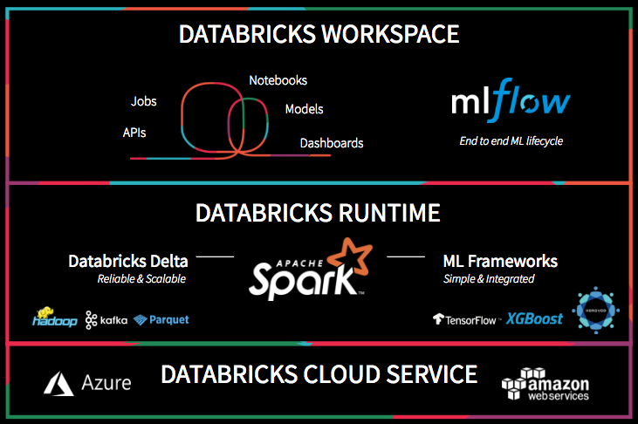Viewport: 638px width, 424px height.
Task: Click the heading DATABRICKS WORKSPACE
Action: (x=319, y=34)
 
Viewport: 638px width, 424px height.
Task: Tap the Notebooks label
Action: (x=278, y=80)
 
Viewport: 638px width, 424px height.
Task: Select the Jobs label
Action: (x=143, y=101)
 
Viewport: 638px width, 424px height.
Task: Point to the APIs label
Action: (x=134, y=133)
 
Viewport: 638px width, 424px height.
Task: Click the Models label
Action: (x=304, y=109)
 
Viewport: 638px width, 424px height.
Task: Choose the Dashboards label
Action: (x=332, y=143)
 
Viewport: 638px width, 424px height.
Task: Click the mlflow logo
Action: (x=511, y=104)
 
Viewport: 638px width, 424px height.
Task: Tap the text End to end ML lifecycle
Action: (x=511, y=140)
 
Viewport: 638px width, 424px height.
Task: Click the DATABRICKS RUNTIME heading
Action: (x=318, y=213)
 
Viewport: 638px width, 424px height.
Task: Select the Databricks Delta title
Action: (x=127, y=261)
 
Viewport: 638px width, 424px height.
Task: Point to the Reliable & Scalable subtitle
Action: (x=141, y=279)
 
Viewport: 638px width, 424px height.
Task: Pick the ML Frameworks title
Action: (x=500, y=261)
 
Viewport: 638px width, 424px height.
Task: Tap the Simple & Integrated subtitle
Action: (x=488, y=279)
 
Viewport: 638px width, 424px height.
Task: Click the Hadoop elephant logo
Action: (x=45, y=315)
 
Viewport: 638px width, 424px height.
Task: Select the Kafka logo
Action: (x=106, y=320)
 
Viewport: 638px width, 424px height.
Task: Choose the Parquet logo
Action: (x=161, y=320)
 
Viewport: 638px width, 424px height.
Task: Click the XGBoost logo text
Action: (x=534, y=318)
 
